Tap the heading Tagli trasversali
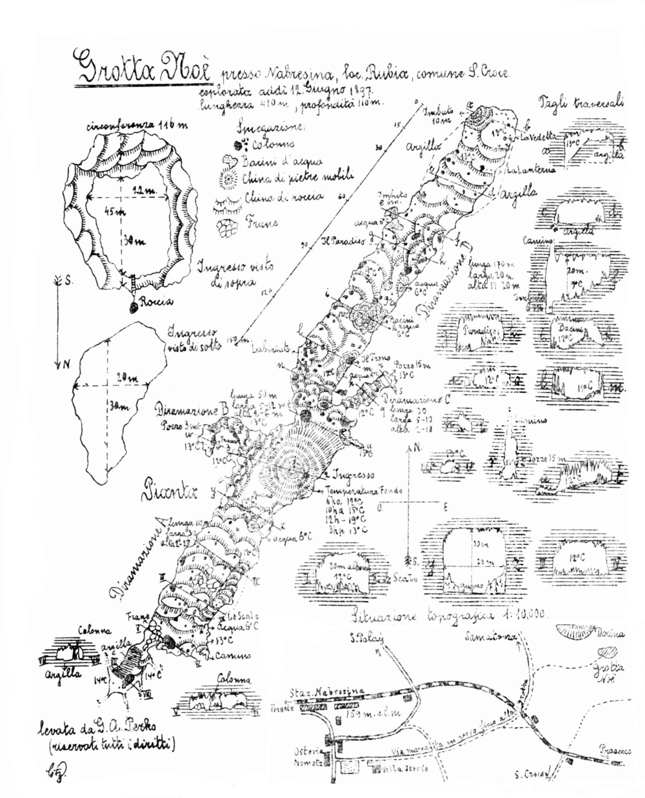click(x=579, y=107)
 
